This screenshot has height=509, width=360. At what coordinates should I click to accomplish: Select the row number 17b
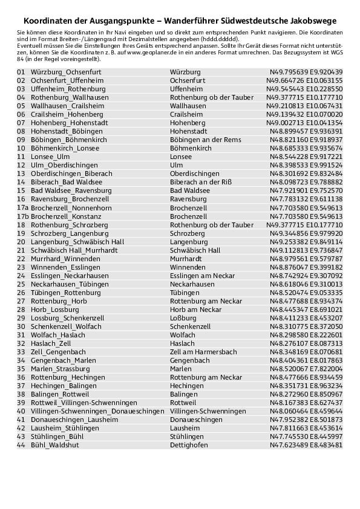[x=23, y=216]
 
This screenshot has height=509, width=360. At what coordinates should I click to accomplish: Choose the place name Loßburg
[x=184, y=317]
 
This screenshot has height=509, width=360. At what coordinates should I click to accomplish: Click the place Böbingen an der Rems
[x=201, y=140]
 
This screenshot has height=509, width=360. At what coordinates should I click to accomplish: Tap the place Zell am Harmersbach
[x=203, y=351]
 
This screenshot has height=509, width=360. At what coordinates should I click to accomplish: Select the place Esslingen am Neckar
[x=203, y=275]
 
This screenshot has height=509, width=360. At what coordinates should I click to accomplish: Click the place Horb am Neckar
[x=196, y=309]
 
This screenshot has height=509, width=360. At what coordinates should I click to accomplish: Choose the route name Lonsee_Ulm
[x=50, y=157]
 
